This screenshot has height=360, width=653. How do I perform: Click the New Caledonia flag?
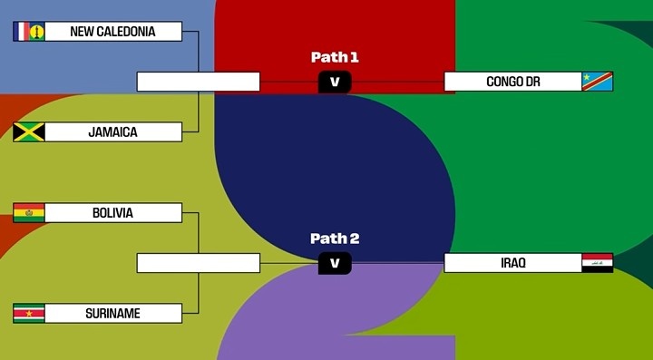point(28,32)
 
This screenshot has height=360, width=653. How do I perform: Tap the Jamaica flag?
point(28,132)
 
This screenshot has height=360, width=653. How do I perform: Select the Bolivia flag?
point(28,213)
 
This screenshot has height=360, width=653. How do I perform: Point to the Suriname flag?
point(28,314)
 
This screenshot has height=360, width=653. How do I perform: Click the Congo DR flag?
point(597,82)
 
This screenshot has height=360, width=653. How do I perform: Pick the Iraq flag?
point(597,263)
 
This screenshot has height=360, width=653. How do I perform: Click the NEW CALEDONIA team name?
point(112,32)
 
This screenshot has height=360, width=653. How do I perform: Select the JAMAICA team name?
point(112,132)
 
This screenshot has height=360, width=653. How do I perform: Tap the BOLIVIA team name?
point(112,213)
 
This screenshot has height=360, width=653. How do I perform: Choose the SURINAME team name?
point(112,314)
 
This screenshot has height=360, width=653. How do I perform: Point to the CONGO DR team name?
point(513,82)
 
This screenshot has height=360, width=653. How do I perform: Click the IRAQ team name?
point(513,263)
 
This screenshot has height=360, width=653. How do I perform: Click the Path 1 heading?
point(335,57)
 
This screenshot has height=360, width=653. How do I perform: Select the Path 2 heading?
point(335,238)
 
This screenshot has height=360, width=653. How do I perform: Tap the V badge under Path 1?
point(335,83)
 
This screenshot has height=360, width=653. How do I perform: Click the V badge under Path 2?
point(335,263)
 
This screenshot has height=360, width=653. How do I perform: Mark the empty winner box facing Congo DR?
point(198,82)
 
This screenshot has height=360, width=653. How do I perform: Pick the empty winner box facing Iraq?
point(198,263)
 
